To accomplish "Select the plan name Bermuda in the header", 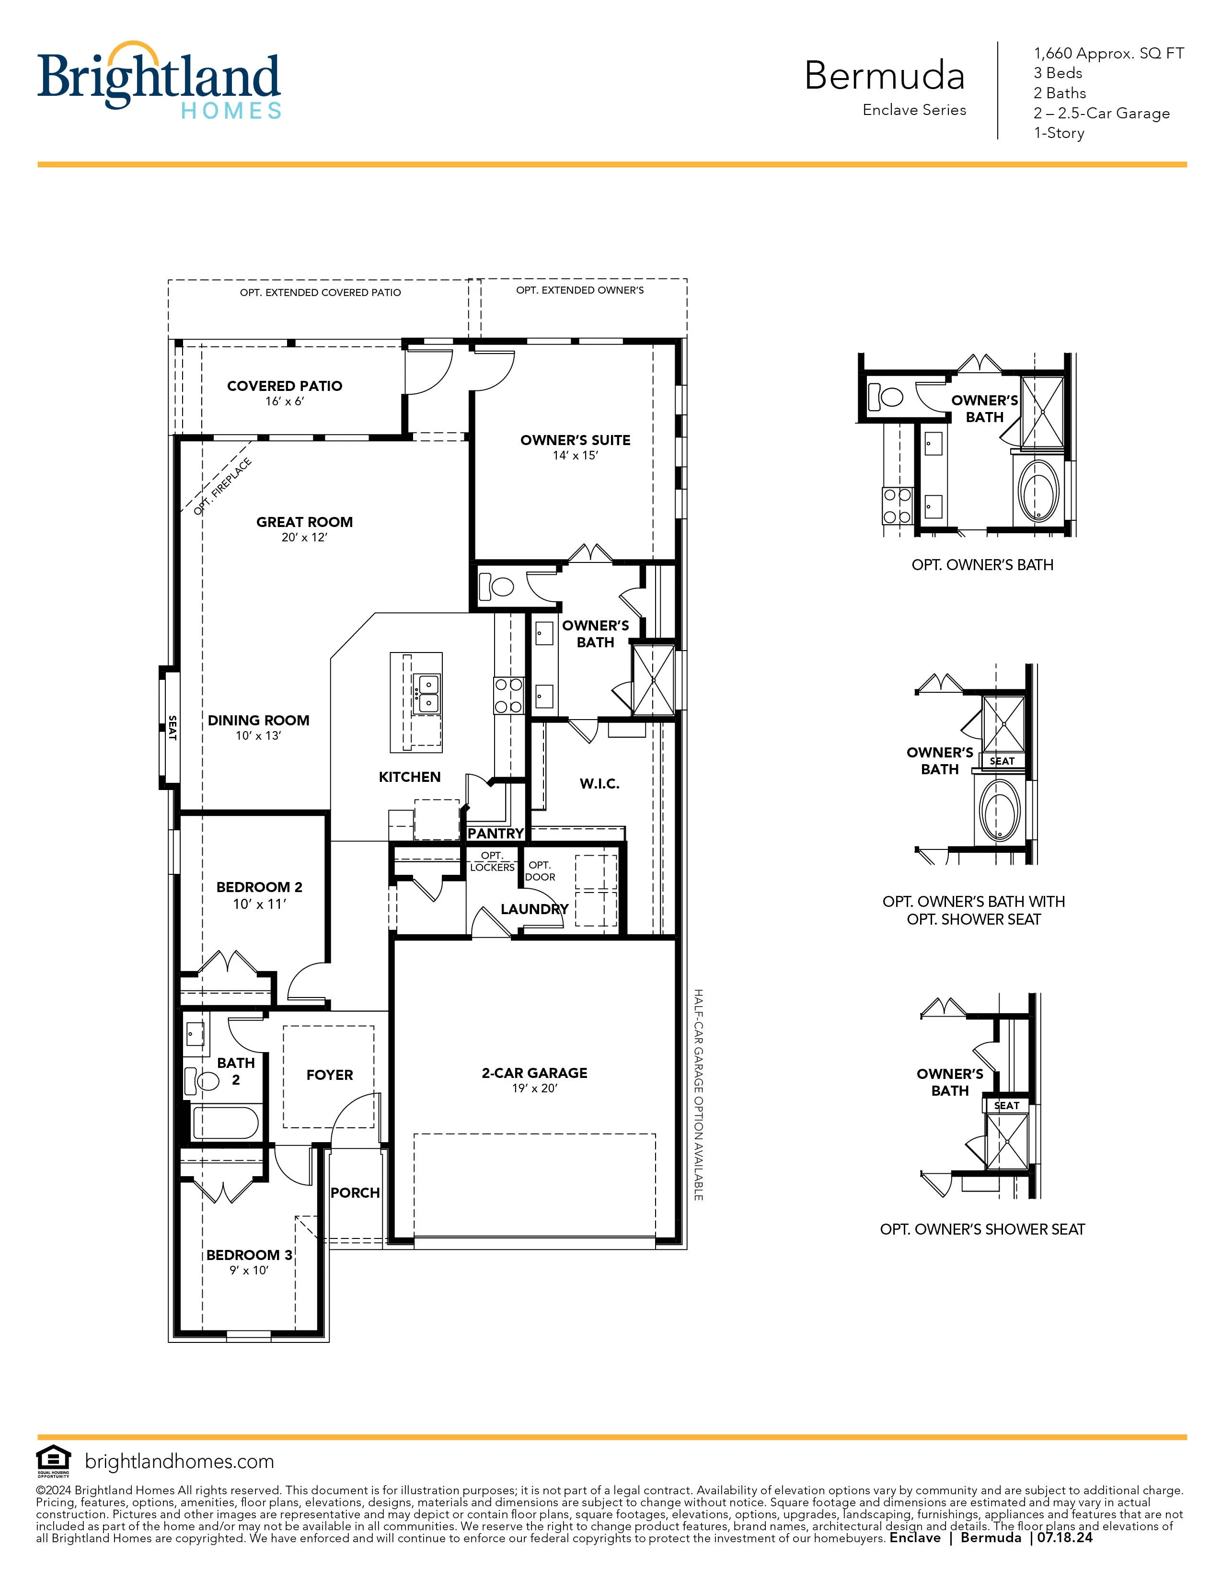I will [x=884, y=75].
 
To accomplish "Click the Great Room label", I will [x=304, y=522].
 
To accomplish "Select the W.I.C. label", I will [x=599, y=783].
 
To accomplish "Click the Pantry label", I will [x=495, y=833].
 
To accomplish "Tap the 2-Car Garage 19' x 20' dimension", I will [x=534, y=1088].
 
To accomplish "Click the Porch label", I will [x=355, y=1192].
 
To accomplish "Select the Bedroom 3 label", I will [x=249, y=1255].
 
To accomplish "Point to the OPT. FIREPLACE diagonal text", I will [x=223, y=486].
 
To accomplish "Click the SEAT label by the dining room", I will [x=173, y=728].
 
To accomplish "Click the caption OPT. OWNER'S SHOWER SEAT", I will [x=981, y=1229].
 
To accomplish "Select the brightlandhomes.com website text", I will [x=180, y=1461].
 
